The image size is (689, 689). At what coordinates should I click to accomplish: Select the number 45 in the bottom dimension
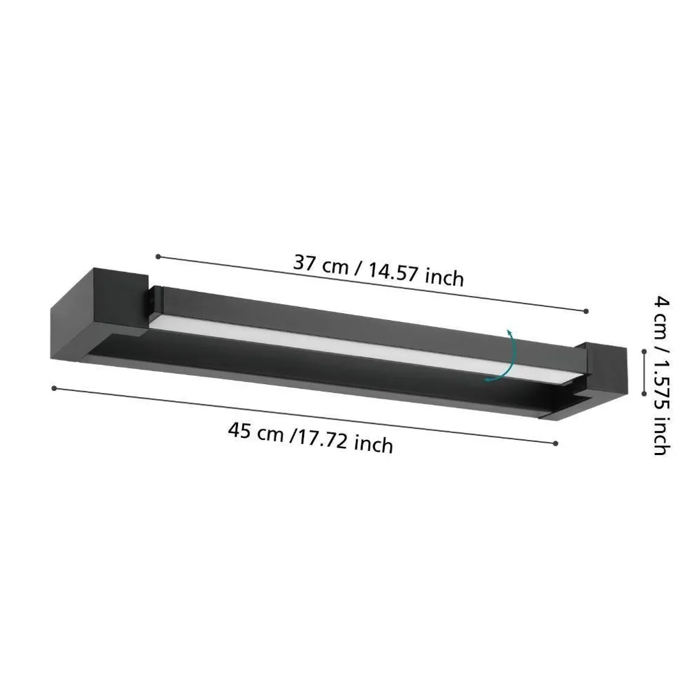[239, 432]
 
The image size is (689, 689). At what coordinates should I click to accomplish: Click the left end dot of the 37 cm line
[158, 256]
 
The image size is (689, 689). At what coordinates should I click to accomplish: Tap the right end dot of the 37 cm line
[586, 311]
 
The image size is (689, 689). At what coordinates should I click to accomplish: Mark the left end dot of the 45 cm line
[54, 388]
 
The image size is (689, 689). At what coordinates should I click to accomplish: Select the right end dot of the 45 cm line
[556, 443]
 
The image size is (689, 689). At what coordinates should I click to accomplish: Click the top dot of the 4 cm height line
[644, 351]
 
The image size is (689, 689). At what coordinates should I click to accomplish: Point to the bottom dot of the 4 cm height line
[644, 394]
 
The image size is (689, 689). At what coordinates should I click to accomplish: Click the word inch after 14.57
[444, 278]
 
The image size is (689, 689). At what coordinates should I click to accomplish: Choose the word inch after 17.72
[374, 445]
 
